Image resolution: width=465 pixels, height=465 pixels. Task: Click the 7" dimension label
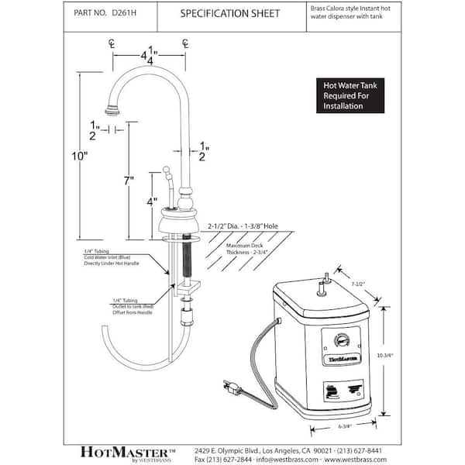(x=129, y=181)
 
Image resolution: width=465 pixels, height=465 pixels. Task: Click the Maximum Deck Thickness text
(x=246, y=248)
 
